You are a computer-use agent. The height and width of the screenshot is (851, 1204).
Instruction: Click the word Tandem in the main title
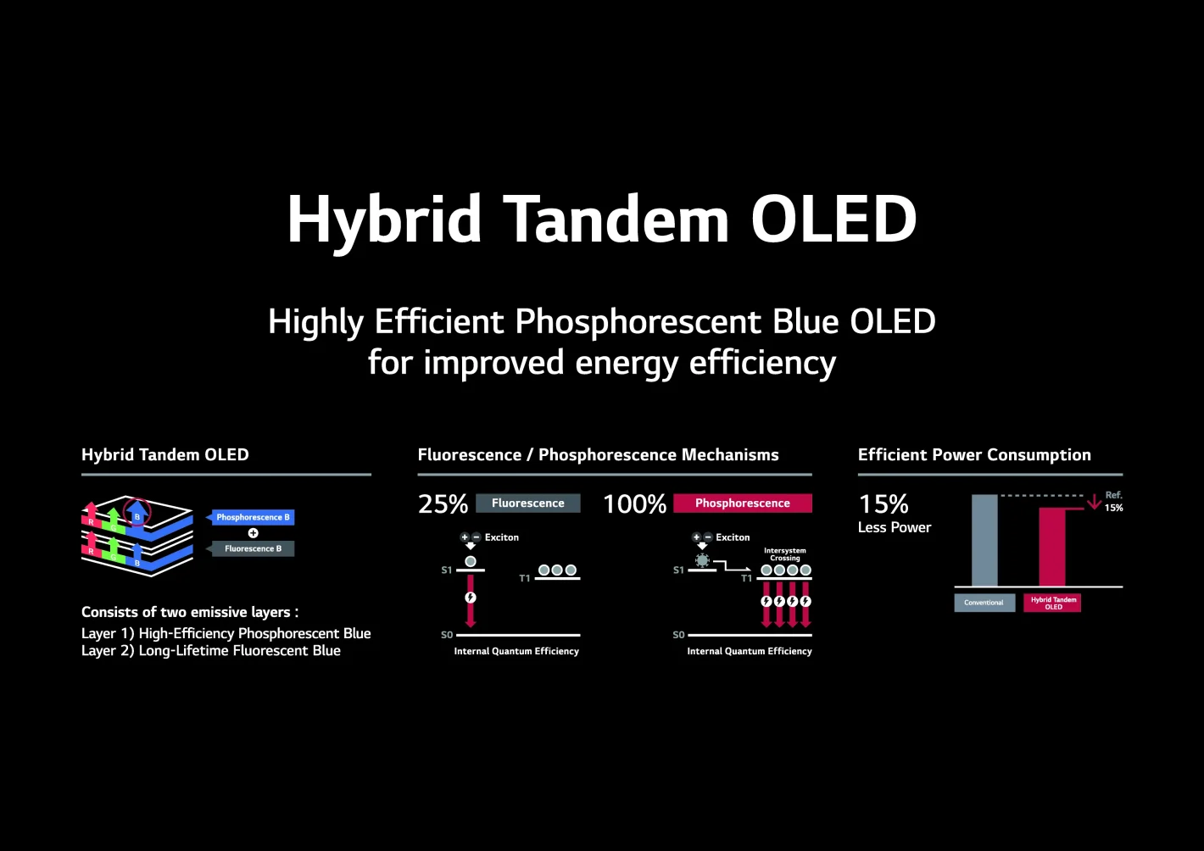(616, 220)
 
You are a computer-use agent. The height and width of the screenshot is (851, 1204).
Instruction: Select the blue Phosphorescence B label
(253, 517)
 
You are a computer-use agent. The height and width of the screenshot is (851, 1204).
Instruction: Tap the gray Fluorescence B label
(253, 548)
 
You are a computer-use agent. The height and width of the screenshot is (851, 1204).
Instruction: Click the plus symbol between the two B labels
(253, 533)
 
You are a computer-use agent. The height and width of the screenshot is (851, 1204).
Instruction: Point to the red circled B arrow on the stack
(137, 514)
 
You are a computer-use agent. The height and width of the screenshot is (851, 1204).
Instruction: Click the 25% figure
(443, 504)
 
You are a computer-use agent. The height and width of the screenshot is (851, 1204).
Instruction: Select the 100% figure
(634, 504)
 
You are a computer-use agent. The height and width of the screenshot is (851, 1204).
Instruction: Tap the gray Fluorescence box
(527, 503)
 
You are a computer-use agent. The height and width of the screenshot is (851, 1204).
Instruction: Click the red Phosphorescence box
(742, 503)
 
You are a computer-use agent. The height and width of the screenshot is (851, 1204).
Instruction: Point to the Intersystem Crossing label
(785, 554)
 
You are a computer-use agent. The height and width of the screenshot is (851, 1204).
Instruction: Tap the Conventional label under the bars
(984, 603)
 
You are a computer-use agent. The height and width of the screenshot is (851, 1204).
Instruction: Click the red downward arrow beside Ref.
(1094, 502)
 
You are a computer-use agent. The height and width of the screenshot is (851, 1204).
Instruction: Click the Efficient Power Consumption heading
(974, 455)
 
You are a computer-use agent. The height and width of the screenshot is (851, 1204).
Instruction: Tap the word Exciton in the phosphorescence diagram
(733, 537)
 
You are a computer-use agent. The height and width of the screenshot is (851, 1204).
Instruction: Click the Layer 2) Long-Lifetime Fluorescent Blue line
(211, 651)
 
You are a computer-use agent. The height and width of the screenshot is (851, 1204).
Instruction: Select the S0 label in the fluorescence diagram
(447, 635)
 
